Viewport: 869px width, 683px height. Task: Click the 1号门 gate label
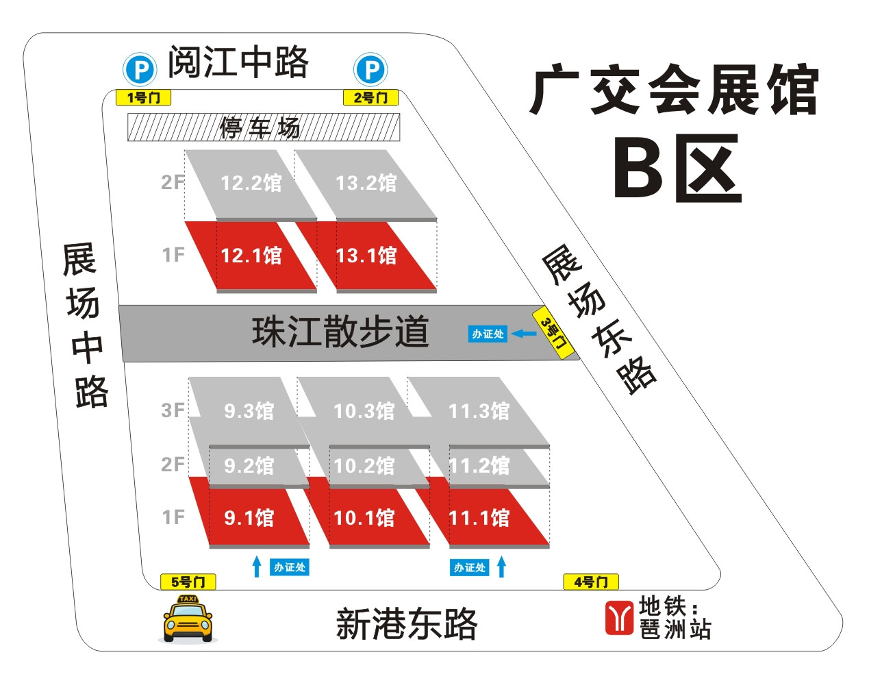click(x=143, y=97)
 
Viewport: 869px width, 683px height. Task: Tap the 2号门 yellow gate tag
click(x=370, y=97)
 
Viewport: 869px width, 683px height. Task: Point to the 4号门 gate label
click(x=591, y=582)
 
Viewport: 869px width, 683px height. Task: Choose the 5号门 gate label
click(x=188, y=582)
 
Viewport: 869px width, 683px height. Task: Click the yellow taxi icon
click(x=188, y=619)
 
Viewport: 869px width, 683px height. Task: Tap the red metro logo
click(x=619, y=617)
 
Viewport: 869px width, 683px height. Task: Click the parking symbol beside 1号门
click(x=140, y=70)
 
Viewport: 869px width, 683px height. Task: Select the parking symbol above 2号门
click(x=370, y=69)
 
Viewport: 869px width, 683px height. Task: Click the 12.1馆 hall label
click(x=251, y=256)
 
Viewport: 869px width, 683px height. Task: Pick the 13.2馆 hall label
click(x=366, y=183)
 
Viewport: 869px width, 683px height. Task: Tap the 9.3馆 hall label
click(x=249, y=411)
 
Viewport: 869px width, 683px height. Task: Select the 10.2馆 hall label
click(x=364, y=466)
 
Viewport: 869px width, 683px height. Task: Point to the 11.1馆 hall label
click(x=479, y=518)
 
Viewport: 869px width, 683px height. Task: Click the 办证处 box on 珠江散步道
click(x=488, y=334)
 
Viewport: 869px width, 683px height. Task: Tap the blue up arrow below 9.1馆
click(x=257, y=567)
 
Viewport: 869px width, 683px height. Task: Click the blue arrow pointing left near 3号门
click(x=524, y=334)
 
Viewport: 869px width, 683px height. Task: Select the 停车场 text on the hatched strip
click(x=260, y=127)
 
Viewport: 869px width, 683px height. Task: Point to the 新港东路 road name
click(x=407, y=624)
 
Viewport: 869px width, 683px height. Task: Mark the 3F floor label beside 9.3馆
click(x=173, y=410)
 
